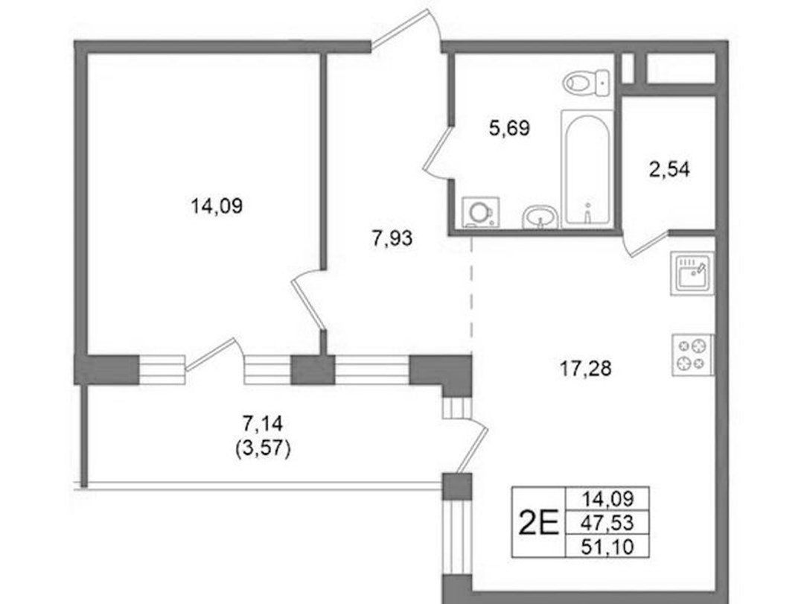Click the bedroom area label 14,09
coord(217,206)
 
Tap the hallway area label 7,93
coord(392,238)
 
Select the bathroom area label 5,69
coord(509,128)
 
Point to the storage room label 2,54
coord(669,169)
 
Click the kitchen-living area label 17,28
coord(586,369)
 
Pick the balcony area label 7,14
coord(263,425)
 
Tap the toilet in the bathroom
coord(587,82)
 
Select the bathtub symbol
coord(587,169)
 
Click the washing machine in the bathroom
coord(481,212)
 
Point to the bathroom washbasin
coord(540,217)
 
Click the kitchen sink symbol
coord(692,273)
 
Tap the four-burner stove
coord(693,355)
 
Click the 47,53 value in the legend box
coord(607,523)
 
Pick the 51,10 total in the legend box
coord(607,547)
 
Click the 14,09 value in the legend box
coord(607,498)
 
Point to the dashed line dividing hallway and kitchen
coord(471,295)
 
